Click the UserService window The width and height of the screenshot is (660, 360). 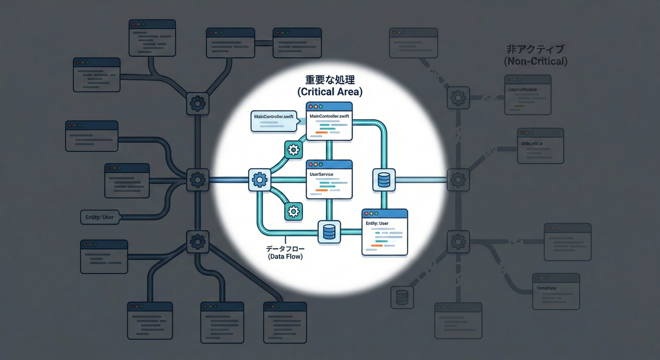(x=329, y=179)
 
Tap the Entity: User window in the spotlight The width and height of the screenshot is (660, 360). (x=384, y=232)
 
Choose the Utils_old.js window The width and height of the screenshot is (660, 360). (x=540, y=146)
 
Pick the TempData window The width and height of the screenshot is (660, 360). (x=555, y=291)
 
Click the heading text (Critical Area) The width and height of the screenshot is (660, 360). (x=330, y=92)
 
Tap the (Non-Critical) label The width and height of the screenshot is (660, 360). (x=535, y=61)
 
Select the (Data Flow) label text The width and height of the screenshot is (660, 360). (x=285, y=256)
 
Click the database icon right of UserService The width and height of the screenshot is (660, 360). (x=384, y=180)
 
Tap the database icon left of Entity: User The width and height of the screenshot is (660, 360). (x=329, y=232)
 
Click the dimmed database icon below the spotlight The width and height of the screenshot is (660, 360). (x=402, y=297)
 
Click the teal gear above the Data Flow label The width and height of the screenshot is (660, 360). (x=293, y=211)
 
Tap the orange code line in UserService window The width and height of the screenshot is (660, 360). (x=322, y=190)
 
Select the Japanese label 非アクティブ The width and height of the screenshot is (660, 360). (x=535, y=49)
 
